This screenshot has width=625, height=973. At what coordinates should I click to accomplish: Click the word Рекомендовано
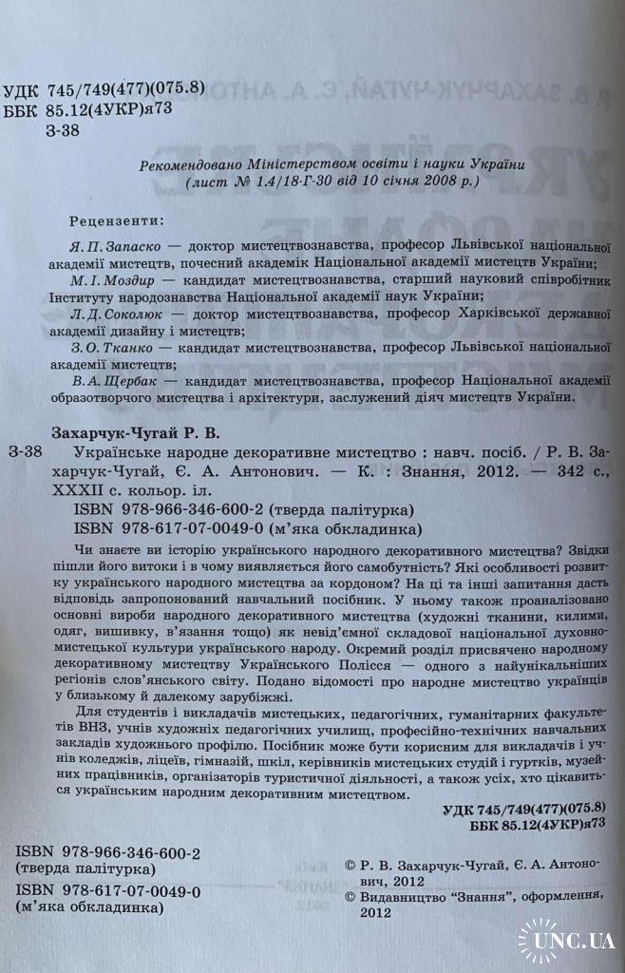(x=186, y=162)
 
